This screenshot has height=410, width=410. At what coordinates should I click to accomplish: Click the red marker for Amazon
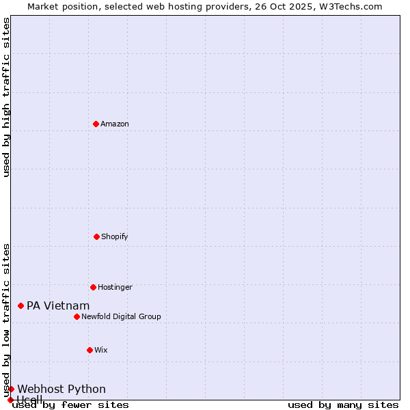pyautogui.click(x=96, y=124)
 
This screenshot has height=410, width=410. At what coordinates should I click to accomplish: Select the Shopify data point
pyautogui.click(x=96, y=236)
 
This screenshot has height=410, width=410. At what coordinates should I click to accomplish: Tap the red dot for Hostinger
pyautogui.click(x=93, y=287)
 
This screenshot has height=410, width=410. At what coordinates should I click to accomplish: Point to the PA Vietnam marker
pyautogui.click(x=21, y=305)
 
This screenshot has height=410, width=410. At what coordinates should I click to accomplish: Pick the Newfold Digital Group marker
pyautogui.click(x=77, y=316)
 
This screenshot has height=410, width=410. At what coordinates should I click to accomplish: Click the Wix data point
pyautogui.click(x=90, y=350)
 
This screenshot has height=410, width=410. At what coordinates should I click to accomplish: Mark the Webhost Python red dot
pyautogui.click(x=11, y=389)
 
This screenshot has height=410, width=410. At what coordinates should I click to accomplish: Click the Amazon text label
pyautogui.click(x=115, y=124)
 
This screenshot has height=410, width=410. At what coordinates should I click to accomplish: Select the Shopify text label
pyautogui.click(x=115, y=236)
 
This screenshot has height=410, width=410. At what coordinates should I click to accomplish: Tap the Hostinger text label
pyautogui.click(x=115, y=287)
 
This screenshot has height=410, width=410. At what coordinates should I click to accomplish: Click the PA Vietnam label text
pyautogui.click(x=58, y=305)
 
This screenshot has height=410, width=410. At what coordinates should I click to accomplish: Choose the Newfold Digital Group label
pyautogui.click(x=121, y=316)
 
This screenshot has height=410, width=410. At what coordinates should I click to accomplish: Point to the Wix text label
pyautogui.click(x=101, y=350)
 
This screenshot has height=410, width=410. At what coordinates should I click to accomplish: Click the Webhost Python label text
pyautogui.click(x=61, y=389)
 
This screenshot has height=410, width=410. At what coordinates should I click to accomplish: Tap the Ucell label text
pyautogui.click(x=29, y=400)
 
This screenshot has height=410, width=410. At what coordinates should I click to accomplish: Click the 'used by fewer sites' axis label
pyautogui.click(x=70, y=405)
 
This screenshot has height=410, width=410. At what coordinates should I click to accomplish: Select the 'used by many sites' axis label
pyautogui.click(x=343, y=405)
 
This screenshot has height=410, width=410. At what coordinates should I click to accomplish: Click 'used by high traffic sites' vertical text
pyautogui.click(x=6, y=97)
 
